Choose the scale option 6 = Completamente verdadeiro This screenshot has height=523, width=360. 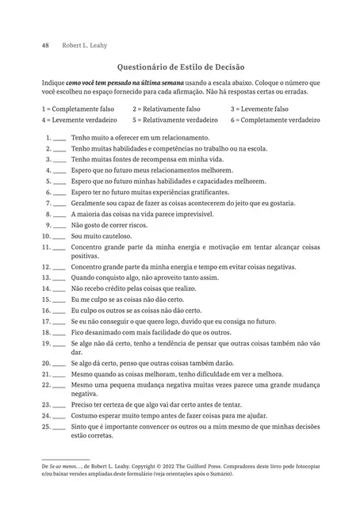tap(275, 120)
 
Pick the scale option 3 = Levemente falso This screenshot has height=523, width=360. tap(259, 109)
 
